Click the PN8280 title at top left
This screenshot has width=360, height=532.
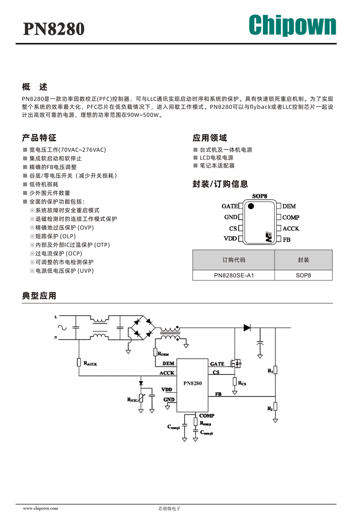click(54, 29)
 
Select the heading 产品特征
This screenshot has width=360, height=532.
click(39, 138)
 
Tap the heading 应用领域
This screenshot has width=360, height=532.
click(210, 138)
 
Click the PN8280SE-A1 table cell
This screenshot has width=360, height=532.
click(234, 275)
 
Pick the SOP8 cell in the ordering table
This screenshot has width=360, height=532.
click(303, 275)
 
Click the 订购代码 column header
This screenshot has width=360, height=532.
click(234, 260)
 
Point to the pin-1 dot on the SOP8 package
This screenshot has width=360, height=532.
click(251, 206)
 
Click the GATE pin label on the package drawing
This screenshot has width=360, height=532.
click(229, 206)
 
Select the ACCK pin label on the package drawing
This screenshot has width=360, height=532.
click(291, 229)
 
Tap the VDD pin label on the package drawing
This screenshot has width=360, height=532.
click(230, 239)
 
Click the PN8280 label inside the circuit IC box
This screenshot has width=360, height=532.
click(193, 383)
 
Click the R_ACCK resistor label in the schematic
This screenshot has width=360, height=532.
click(90, 363)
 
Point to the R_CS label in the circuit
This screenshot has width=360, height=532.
click(242, 383)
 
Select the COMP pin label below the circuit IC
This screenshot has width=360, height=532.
click(207, 415)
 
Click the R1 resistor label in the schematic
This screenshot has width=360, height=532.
click(270, 371)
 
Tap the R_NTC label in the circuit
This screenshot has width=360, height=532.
click(132, 400)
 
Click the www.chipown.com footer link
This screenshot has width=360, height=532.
click(40, 508)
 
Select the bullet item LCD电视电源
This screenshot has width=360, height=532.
click(216, 158)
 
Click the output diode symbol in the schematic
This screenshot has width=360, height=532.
click(247, 328)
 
